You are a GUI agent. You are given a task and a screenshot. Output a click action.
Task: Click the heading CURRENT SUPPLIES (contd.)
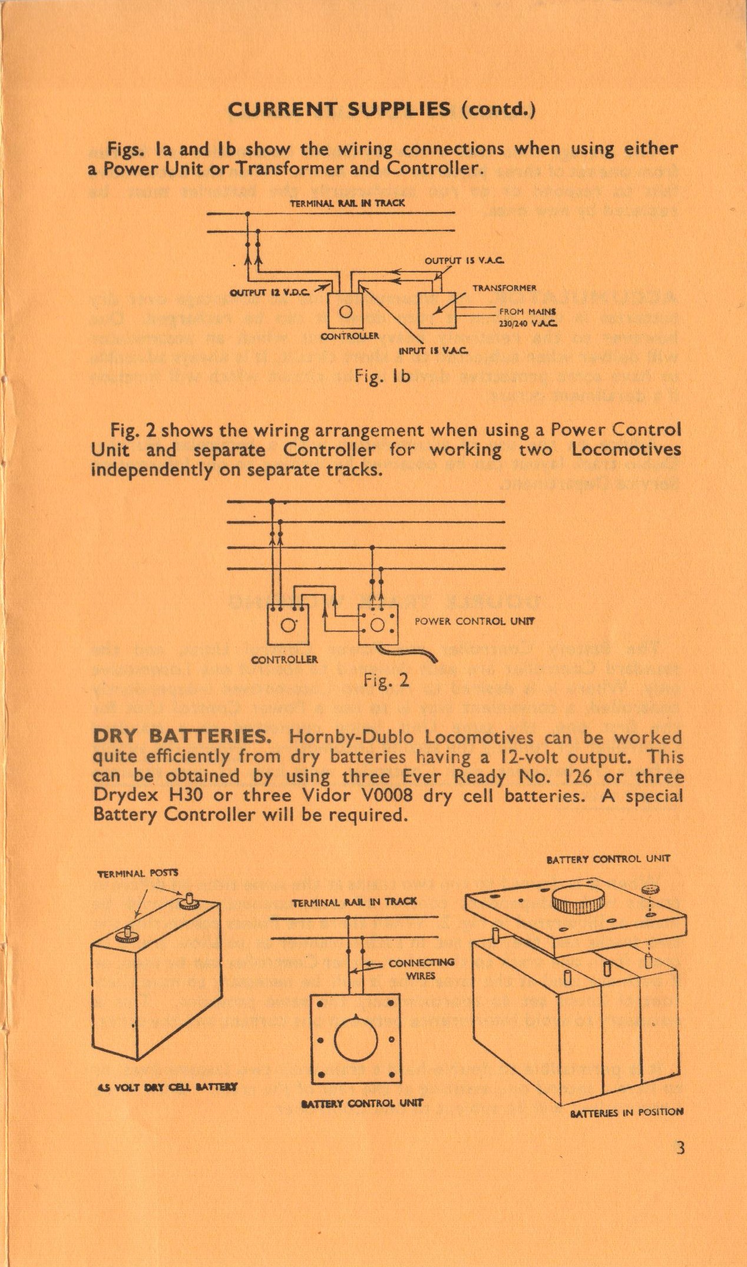[381, 110]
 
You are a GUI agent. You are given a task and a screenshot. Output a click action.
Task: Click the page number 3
[680, 1147]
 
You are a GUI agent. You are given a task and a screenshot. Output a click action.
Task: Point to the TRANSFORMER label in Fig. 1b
[504, 288]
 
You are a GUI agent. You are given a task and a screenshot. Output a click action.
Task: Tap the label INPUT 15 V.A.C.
[434, 351]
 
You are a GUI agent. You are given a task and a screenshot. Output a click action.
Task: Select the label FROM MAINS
[528, 311]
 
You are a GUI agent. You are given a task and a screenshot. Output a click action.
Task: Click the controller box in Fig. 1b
[346, 311]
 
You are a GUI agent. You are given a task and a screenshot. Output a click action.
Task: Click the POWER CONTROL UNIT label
[475, 621]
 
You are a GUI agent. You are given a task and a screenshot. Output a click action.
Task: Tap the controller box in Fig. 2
[288, 625]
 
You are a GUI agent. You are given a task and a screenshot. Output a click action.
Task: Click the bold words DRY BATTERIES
[181, 737]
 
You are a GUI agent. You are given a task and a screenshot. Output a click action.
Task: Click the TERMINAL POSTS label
[138, 873]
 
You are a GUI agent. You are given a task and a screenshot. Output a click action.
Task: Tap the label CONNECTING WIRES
[421, 969]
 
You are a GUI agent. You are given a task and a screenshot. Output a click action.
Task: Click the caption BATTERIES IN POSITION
[626, 1112]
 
